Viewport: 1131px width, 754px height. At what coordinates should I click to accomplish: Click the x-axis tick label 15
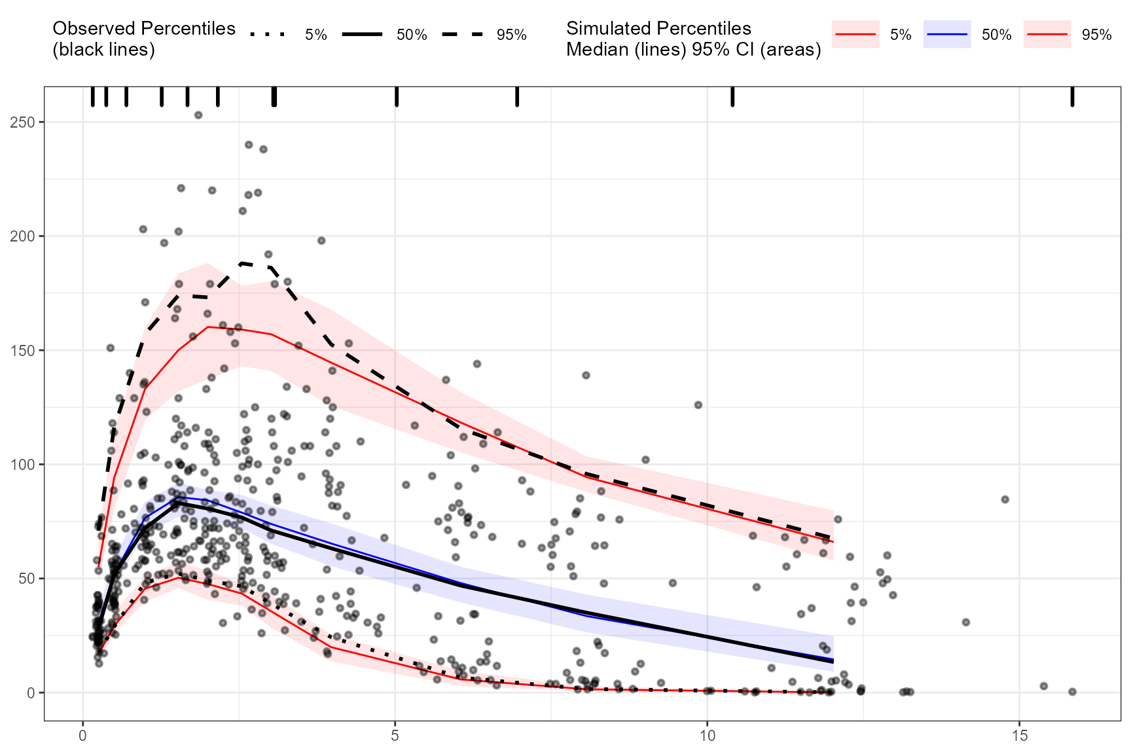[x=1019, y=736]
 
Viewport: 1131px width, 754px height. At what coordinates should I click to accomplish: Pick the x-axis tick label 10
[x=707, y=736]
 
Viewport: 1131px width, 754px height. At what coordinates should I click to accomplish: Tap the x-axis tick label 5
[x=395, y=736]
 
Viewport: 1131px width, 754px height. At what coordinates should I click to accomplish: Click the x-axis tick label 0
[x=83, y=736]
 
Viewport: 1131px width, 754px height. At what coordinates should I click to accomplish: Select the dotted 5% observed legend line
[x=268, y=34]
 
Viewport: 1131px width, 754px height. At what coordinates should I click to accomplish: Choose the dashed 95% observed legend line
[x=462, y=34]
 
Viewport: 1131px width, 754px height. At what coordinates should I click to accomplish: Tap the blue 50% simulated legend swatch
[x=947, y=34]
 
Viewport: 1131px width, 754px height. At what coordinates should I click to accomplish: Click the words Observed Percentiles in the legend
[x=143, y=29]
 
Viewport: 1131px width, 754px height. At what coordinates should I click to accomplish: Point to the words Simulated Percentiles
[x=658, y=29]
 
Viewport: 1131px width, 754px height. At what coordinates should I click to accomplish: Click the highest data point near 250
[x=198, y=115]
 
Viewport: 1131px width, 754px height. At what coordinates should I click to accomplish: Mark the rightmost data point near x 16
[x=1072, y=692]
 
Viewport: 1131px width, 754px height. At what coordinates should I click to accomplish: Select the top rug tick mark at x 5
[x=397, y=97]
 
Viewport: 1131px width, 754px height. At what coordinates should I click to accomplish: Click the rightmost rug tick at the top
[x=1072, y=97]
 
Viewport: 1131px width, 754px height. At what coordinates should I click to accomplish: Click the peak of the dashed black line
[x=242, y=263]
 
